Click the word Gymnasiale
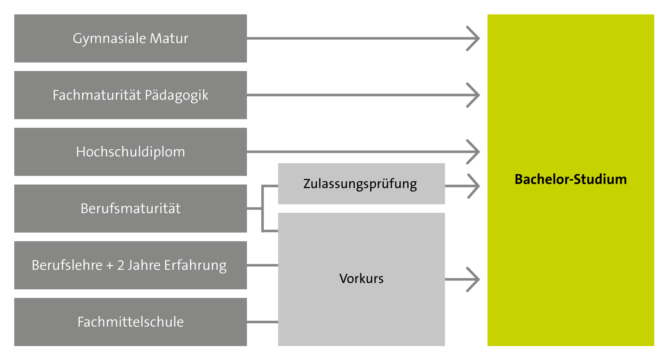click(109, 38)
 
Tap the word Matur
click(169, 38)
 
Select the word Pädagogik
click(176, 95)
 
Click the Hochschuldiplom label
click(130, 152)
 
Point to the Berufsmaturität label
click(130, 209)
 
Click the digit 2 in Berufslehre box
click(120, 265)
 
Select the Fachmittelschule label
click(130, 322)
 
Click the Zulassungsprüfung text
click(360, 184)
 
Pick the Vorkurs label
click(361, 279)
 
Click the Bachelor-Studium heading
click(571, 179)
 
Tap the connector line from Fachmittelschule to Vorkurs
click(262, 322)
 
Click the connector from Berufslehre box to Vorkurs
click(262, 265)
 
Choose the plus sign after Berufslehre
click(110, 266)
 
